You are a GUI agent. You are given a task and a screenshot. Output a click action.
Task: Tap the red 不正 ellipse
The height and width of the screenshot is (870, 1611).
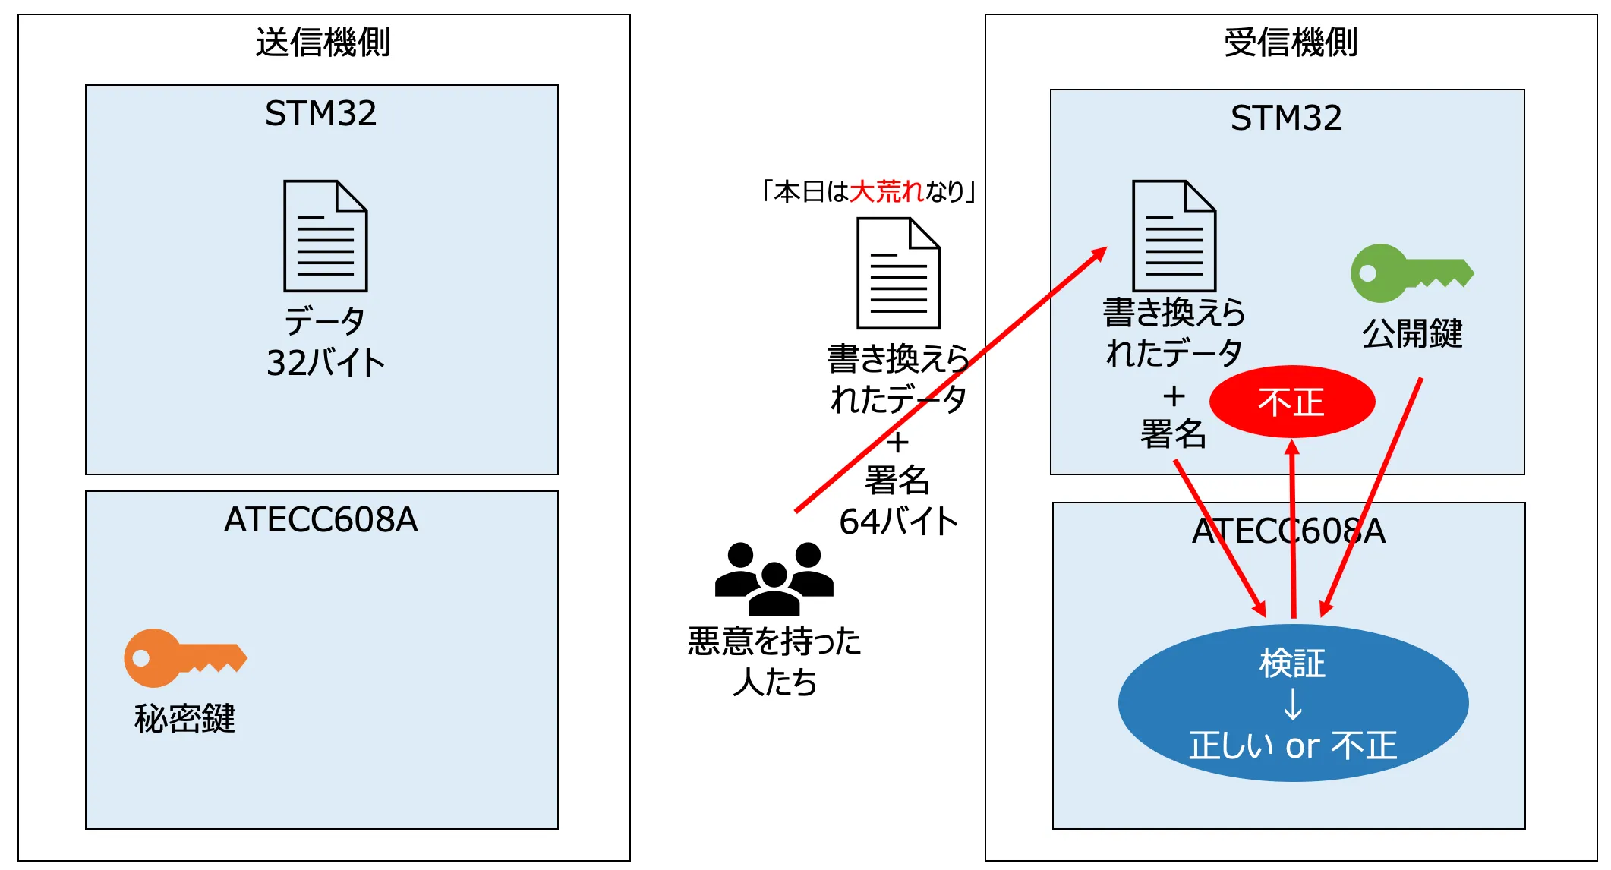coord(1291,402)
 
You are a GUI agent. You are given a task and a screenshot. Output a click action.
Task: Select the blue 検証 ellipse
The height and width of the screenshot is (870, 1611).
coord(1292,703)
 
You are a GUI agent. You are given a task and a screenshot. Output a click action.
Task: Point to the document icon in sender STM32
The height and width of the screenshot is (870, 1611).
coord(325,236)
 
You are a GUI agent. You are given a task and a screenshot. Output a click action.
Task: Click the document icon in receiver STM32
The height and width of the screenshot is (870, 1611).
coord(1174,236)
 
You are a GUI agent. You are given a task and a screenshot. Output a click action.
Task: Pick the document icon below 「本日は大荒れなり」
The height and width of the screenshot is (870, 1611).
coord(898,273)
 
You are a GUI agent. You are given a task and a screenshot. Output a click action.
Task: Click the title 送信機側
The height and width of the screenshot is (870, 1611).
coord(323,43)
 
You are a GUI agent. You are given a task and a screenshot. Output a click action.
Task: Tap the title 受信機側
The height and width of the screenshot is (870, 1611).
coord(1291,43)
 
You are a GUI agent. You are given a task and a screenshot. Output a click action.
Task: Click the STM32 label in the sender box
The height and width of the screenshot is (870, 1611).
coord(320,114)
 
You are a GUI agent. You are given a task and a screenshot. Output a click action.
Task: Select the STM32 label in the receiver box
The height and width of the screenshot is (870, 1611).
coord(1286,118)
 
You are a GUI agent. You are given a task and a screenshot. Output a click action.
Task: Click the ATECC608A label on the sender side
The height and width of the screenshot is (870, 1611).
coord(320,520)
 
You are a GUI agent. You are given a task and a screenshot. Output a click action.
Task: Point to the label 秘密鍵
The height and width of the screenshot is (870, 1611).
coord(184,718)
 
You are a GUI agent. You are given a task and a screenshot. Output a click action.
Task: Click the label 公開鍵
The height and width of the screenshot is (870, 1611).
coord(1412,333)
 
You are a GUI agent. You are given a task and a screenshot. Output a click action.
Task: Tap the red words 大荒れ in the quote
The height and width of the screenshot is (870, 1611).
coord(886,191)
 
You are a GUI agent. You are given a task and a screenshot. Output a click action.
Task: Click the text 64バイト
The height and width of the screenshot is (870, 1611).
coord(898,522)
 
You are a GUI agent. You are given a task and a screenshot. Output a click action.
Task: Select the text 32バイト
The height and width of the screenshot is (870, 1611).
coord(325,362)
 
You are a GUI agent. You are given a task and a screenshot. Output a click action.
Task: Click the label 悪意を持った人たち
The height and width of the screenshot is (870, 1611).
coord(774,660)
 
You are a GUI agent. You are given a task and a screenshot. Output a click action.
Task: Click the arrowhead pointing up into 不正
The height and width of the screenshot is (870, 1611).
coord(1292,447)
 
